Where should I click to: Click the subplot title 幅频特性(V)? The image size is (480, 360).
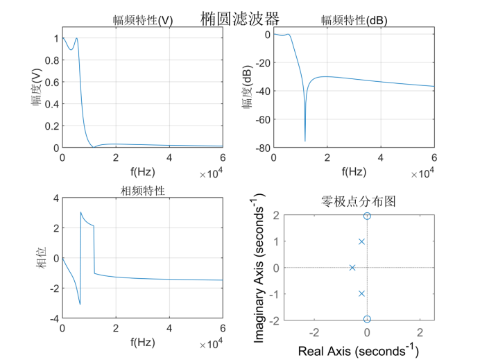[x=144, y=21]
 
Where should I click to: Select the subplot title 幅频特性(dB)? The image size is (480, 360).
[x=354, y=21]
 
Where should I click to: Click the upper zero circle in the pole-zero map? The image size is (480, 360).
[x=367, y=216]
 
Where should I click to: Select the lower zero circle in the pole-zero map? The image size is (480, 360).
[x=367, y=319]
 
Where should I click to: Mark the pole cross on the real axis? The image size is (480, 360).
[x=352, y=268]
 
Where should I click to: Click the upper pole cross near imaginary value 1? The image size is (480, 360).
[x=361, y=241]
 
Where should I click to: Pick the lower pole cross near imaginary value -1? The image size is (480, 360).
[x=361, y=293]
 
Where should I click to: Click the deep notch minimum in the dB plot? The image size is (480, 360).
[x=305, y=141]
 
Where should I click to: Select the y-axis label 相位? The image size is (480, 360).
[x=42, y=259]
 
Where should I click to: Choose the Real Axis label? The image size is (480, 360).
[x=354, y=351]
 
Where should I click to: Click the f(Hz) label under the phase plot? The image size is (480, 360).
[x=143, y=342]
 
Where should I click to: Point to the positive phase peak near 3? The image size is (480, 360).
[x=81, y=212]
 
